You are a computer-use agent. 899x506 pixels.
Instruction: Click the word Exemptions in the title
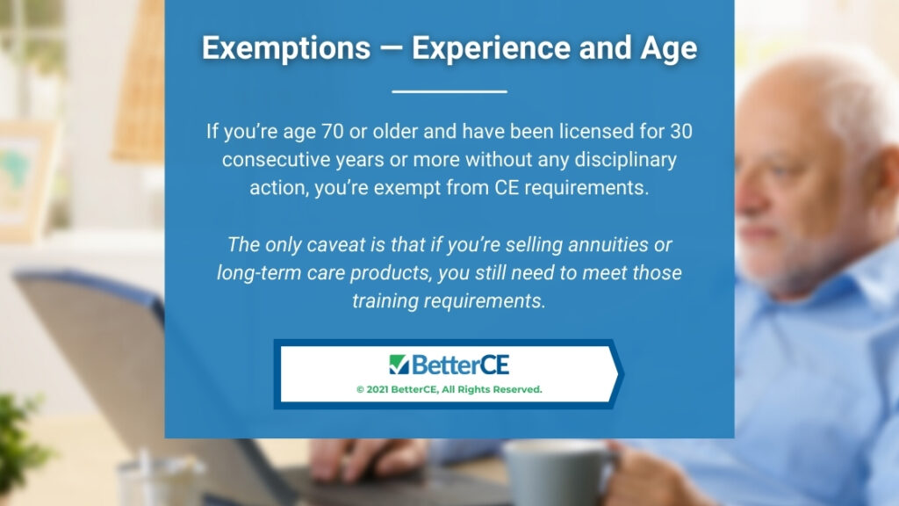coord(286,48)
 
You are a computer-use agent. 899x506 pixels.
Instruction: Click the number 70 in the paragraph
coord(332,132)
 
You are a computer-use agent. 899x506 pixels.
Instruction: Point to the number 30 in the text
coord(680,132)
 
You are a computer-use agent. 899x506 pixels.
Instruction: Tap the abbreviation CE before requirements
coord(507,188)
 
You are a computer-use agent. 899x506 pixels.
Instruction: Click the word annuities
coord(608,245)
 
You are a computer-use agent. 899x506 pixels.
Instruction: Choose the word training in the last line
coord(385,301)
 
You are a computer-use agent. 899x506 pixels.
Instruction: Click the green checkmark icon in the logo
coord(399,365)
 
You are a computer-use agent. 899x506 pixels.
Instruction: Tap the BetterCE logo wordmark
coord(449,365)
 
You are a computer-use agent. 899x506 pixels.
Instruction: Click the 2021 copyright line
coord(449,389)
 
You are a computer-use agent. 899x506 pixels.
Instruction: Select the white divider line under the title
coord(449,91)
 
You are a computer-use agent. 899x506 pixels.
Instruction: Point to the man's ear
coord(884,184)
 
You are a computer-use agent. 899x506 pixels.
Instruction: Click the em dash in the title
coord(391,49)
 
